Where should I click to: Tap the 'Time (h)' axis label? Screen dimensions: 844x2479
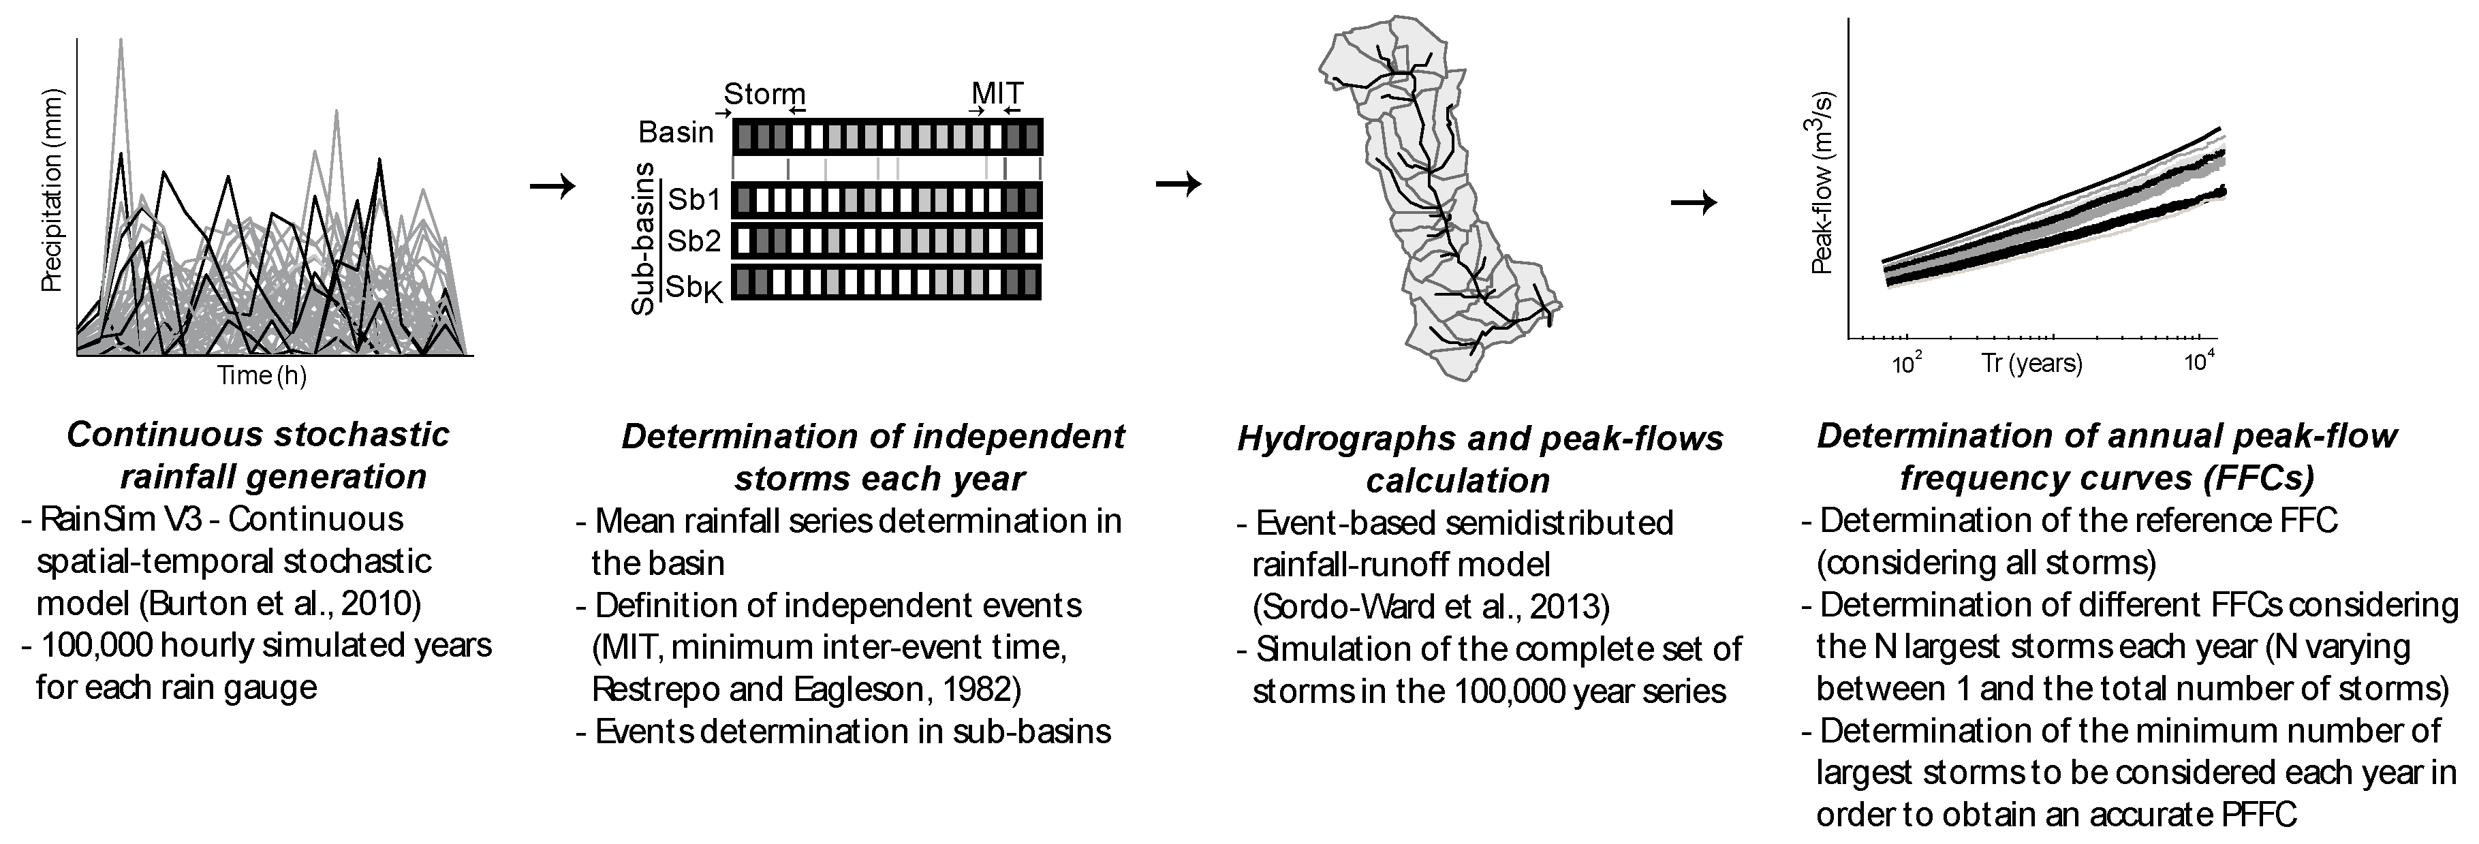tap(262, 375)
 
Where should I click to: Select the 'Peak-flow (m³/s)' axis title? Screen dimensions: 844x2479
tap(1823, 183)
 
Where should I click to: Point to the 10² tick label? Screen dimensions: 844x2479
tap(1906, 364)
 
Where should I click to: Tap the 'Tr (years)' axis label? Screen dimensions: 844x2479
tap(2031, 364)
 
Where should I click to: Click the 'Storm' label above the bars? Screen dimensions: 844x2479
tap(764, 94)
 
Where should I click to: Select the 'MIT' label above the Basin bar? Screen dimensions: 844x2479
tap(997, 93)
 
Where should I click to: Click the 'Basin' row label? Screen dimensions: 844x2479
tap(676, 132)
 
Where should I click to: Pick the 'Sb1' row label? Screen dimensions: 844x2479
tap(693, 199)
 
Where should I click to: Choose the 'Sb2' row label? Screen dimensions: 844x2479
tap(693, 240)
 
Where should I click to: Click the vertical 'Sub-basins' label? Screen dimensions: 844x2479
tap(643, 238)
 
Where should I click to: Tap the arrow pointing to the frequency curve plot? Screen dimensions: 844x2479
tap(1694, 202)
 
